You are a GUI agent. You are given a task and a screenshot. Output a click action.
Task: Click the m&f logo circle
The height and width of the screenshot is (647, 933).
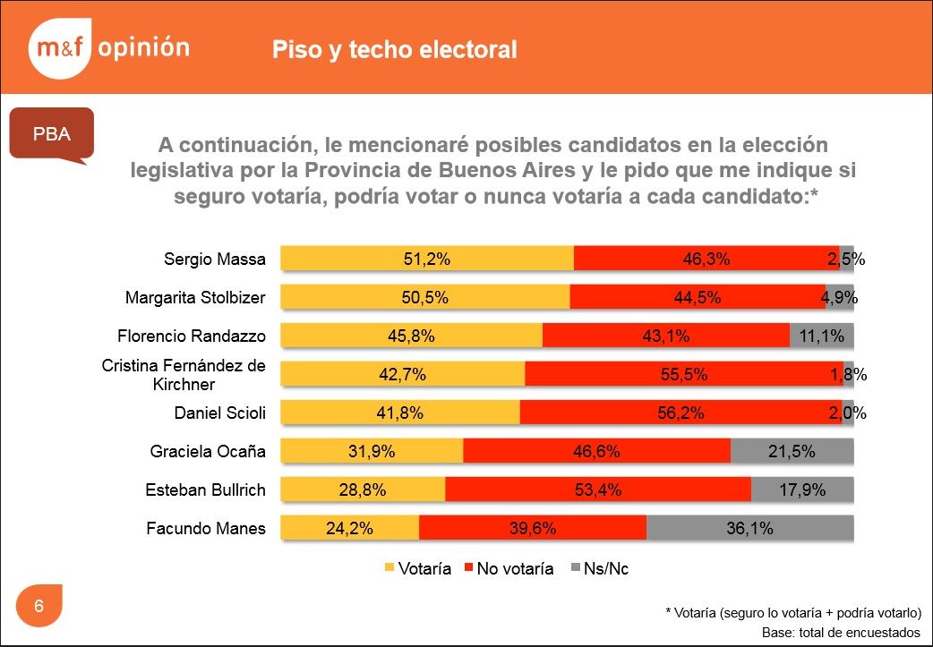tap(59, 48)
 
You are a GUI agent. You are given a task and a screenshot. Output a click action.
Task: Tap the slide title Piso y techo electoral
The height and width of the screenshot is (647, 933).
tap(395, 49)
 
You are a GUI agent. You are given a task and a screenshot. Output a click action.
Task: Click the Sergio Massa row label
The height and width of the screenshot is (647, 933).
tap(215, 260)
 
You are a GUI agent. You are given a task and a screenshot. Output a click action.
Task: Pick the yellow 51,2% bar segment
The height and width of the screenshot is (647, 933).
tap(427, 259)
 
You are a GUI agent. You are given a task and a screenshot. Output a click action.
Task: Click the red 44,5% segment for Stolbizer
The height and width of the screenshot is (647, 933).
tap(698, 297)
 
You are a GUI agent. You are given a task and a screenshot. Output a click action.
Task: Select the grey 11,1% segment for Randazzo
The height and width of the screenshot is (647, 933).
tap(822, 336)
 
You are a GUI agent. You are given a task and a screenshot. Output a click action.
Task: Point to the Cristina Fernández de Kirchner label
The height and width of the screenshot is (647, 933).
tap(184, 375)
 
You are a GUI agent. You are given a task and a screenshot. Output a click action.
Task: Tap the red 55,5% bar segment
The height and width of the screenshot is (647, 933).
tap(684, 374)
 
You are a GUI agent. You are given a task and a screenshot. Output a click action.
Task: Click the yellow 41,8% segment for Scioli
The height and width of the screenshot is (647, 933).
tap(400, 413)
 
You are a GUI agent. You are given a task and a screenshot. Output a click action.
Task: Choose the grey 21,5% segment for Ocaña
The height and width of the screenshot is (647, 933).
tap(792, 451)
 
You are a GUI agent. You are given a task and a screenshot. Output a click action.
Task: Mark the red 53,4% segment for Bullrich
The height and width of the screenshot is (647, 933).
tap(598, 490)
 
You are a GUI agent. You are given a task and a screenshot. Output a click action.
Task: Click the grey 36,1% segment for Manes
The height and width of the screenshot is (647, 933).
tap(750, 528)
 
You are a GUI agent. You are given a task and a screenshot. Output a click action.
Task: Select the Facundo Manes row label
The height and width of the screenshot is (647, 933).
tap(206, 528)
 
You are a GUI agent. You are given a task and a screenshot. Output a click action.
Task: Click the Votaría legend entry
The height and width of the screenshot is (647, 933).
tap(418, 569)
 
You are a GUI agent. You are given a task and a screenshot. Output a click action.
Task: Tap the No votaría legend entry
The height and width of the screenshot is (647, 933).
tap(508, 569)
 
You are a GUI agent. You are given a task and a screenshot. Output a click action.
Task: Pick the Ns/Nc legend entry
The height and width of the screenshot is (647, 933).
tap(599, 569)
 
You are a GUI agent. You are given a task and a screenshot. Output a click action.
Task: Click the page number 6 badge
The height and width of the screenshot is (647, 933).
tap(39, 606)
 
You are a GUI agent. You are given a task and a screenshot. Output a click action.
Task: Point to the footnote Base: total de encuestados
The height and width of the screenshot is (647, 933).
tap(841, 632)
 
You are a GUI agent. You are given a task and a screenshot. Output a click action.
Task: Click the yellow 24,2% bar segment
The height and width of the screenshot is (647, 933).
tap(350, 528)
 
